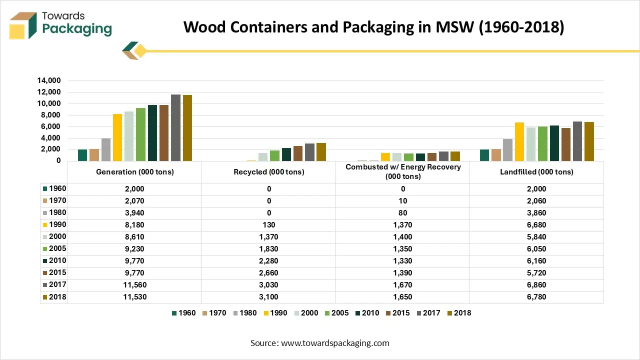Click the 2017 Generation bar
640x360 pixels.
pos(175,128)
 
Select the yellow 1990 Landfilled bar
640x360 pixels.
pos(519,142)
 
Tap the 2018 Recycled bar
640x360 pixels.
pos(321,152)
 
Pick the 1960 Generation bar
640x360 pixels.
pos(82,155)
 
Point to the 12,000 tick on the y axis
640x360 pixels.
pos(48,92)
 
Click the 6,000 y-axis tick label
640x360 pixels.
pos(50,126)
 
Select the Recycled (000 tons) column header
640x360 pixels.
pos(269,172)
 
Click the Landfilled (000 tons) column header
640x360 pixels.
pos(536,172)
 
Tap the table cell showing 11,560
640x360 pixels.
pos(134,285)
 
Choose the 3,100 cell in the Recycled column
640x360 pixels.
pos(269,297)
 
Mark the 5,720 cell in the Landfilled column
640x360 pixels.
pos(536,273)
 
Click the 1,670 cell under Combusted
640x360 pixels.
pos(403,285)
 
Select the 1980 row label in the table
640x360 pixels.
pos(57,213)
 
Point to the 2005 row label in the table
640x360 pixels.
pos(57,249)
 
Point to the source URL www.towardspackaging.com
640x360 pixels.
pos(335,343)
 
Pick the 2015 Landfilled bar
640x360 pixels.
pos(565,144)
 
